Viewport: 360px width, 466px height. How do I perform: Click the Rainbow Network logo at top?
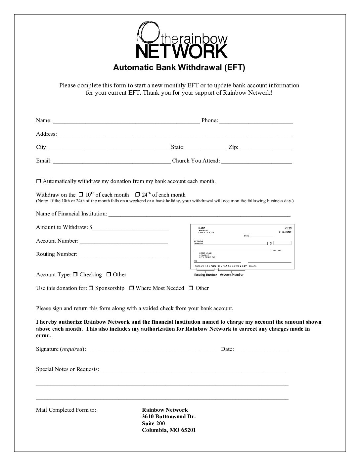click(182, 40)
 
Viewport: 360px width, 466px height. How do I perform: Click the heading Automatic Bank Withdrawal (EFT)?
click(179, 68)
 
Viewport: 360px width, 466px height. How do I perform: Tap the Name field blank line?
click(126, 121)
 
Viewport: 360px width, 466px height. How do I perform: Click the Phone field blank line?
click(256, 121)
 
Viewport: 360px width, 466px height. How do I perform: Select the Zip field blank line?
click(266, 148)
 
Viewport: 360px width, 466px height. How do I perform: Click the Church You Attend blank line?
click(256, 162)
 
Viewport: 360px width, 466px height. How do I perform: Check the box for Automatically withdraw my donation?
click(38, 181)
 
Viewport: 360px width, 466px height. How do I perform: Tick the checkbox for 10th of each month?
click(81, 195)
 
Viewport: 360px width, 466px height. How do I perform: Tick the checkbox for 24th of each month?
click(138, 195)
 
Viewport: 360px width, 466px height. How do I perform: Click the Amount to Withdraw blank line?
click(131, 228)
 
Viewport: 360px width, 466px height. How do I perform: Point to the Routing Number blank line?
click(123, 255)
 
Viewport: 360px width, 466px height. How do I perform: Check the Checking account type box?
click(75, 274)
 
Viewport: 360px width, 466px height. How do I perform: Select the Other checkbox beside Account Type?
click(109, 274)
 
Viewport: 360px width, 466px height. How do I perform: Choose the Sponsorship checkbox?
click(91, 288)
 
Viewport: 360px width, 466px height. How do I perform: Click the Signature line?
click(153, 350)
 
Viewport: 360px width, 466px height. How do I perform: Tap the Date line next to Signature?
click(262, 350)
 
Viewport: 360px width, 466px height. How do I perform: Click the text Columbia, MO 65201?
click(169, 430)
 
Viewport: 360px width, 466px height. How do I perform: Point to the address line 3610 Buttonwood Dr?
click(169, 416)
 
